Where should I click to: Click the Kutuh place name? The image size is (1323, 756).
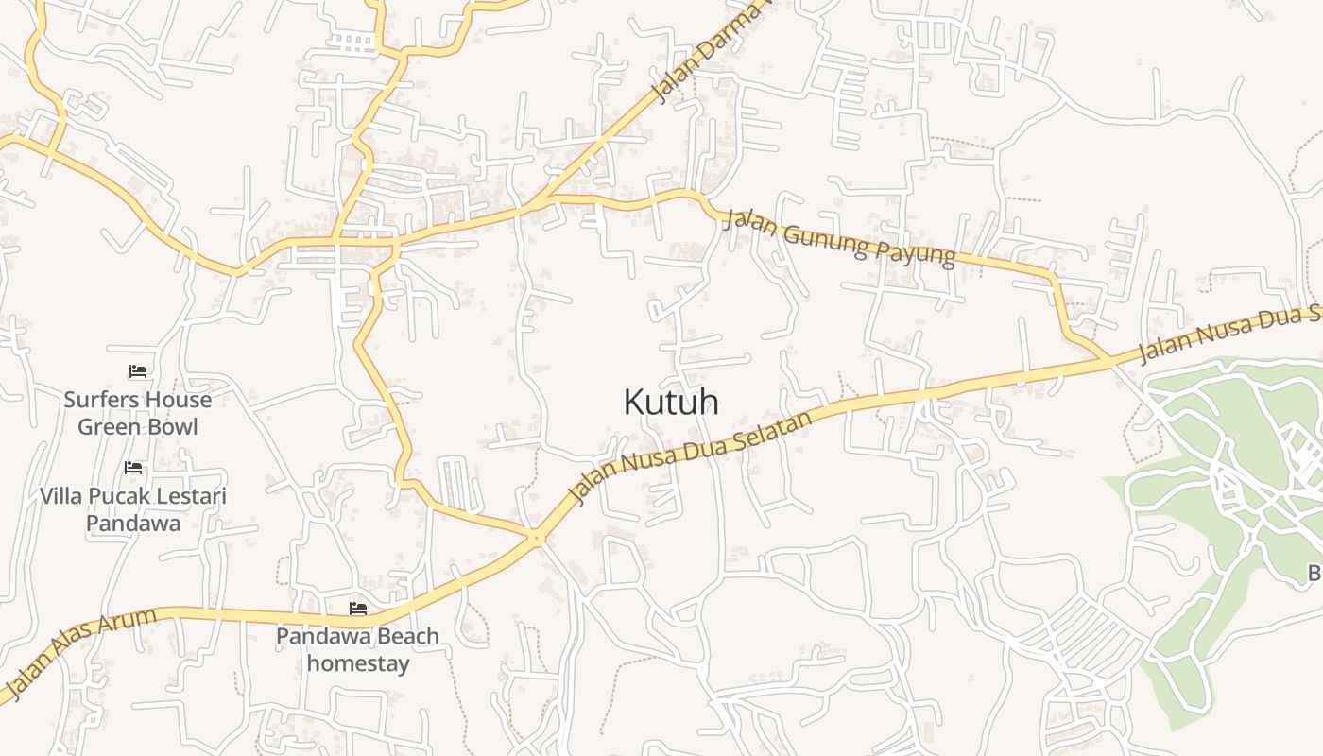click(671, 403)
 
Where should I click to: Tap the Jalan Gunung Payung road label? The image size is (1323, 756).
click(842, 242)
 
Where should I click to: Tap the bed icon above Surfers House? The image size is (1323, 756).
click(138, 371)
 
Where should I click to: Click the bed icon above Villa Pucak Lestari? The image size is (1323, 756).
click(133, 468)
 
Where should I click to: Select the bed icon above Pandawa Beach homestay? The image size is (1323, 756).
click(357, 608)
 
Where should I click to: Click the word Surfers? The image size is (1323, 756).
click(100, 400)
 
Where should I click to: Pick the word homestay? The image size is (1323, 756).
click(358, 663)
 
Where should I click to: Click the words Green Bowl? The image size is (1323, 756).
click(138, 427)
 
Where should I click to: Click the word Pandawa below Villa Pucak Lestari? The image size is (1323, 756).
click(133, 523)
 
